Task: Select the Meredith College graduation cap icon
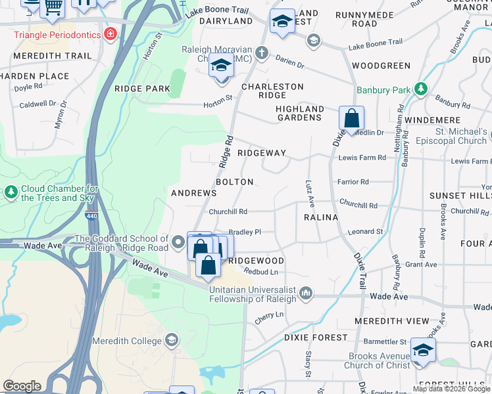[171, 340]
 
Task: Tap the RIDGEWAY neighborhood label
[262, 153]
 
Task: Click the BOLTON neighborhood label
[234, 182]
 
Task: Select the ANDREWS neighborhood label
[193, 193]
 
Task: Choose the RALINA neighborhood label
[321, 217]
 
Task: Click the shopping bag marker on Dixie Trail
[352, 120]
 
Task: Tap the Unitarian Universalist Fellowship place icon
[306, 292]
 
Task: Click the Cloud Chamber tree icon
[11, 192]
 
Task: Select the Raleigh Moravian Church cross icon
[261, 52]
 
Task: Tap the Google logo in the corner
[22, 386]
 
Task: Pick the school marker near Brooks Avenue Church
[422, 350]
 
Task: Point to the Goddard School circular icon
[178, 244]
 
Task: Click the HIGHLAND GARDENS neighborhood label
[299, 113]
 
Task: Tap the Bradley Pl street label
[245, 232]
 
